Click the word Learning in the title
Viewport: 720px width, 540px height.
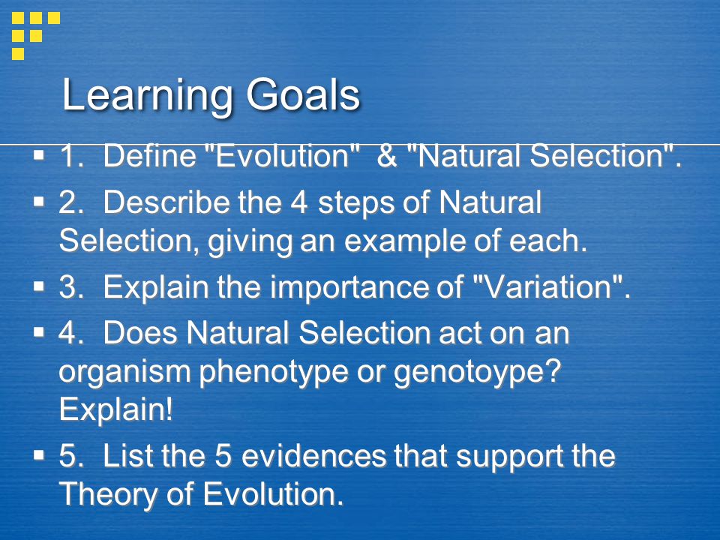click(148, 96)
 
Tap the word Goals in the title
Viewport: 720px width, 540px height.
click(302, 94)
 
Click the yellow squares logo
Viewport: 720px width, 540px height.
click(36, 36)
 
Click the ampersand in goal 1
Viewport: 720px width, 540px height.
click(387, 156)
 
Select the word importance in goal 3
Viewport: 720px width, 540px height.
click(367, 288)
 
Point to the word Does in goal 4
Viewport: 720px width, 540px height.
click(140, 332)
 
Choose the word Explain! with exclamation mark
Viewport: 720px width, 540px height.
click(116, 409)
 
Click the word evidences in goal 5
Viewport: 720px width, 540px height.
click(314, 456)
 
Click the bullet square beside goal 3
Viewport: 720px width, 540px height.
click(39, 287)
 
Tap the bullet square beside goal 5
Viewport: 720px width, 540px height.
click(39, 456)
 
